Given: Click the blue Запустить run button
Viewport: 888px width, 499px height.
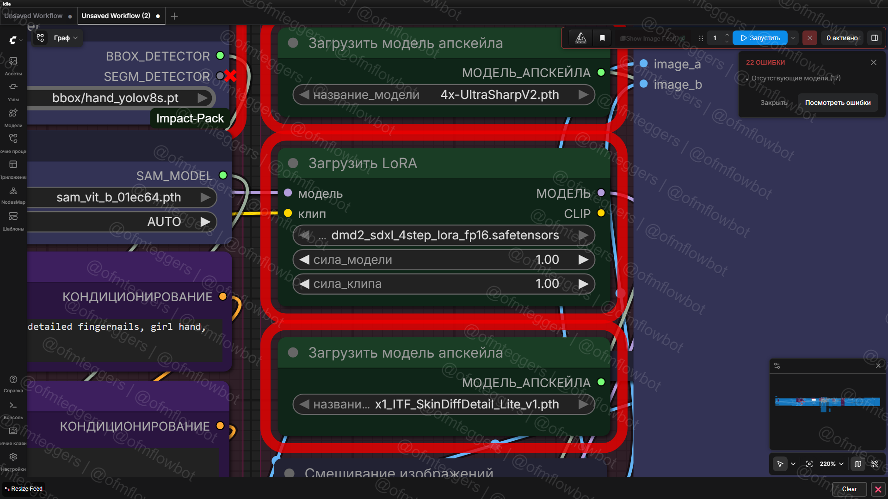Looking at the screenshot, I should pyautogui.click(x=760, y=38).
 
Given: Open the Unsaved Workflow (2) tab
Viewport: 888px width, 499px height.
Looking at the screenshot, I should pyautogui.click(x=116, y=16).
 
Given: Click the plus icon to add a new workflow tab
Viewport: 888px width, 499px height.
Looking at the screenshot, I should pyautogui.click(x=174, y=16).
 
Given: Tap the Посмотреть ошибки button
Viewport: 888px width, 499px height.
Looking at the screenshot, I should pyautogui.click(x=838, y=103).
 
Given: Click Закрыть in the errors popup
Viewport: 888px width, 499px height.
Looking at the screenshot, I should pyautogui.click(x=774, y=103).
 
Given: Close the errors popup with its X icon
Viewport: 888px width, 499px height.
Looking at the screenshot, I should pyautogui.click(x=873, y=62).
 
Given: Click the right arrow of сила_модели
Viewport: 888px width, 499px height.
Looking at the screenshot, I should pyautogui.click(x=584, y=260).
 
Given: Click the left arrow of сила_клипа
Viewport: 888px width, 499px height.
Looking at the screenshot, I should pyautogui.click(x=304, y=284).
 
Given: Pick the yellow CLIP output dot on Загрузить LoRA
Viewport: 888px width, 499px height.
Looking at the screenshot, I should pyautogui.click(x=601, y=213).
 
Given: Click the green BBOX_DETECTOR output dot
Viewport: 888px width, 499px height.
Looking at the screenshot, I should pyautogui.click(x=220, y=56).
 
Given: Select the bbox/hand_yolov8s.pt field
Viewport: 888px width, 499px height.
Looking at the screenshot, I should pyautogui.click(x=116, y=98).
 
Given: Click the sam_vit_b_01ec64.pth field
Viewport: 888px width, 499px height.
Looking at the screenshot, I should pyautogui.click(x=118, y=197).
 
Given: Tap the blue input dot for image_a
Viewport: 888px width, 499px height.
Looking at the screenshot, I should pyautogui.click(x=643, y=64).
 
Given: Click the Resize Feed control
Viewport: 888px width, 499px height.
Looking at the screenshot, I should pyautogui.click(x=24, y=489).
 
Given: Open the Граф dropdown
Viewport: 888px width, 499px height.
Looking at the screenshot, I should pyautogui.click(x=65, y=38).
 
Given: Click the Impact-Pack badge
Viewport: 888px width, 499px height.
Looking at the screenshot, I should pyautogui.click(x=190, y=118).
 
